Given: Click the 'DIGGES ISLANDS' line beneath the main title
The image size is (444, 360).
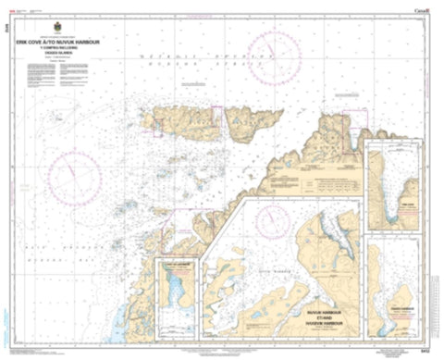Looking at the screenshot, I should pyautogui.click(x=70, y=57).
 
